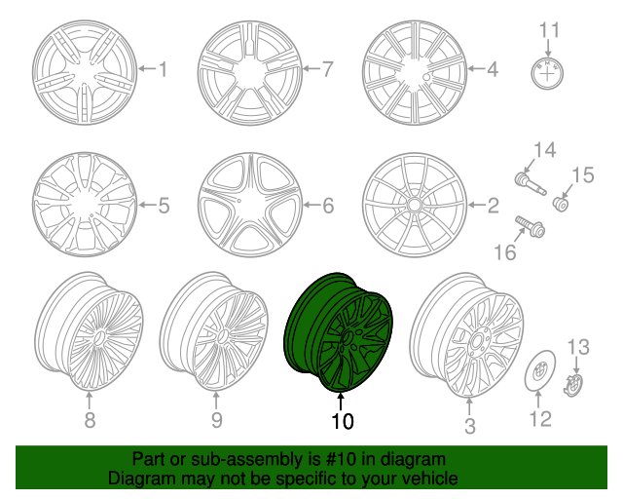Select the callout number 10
click(x=342, y=421)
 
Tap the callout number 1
click(x=163, y=69)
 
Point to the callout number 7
click(x=327, y=69)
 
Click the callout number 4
click(x=493, y=69)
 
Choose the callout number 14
click(x=542, y=149)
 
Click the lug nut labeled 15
click(x=563, y=203)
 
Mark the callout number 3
click(x=469, y=426)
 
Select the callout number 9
click(x=216, y=420)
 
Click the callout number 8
click(x=90, y=420)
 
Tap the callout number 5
click(x=163, y=206)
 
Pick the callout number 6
click(x=327, y=206)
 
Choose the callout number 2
click(x=493, y=206)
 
